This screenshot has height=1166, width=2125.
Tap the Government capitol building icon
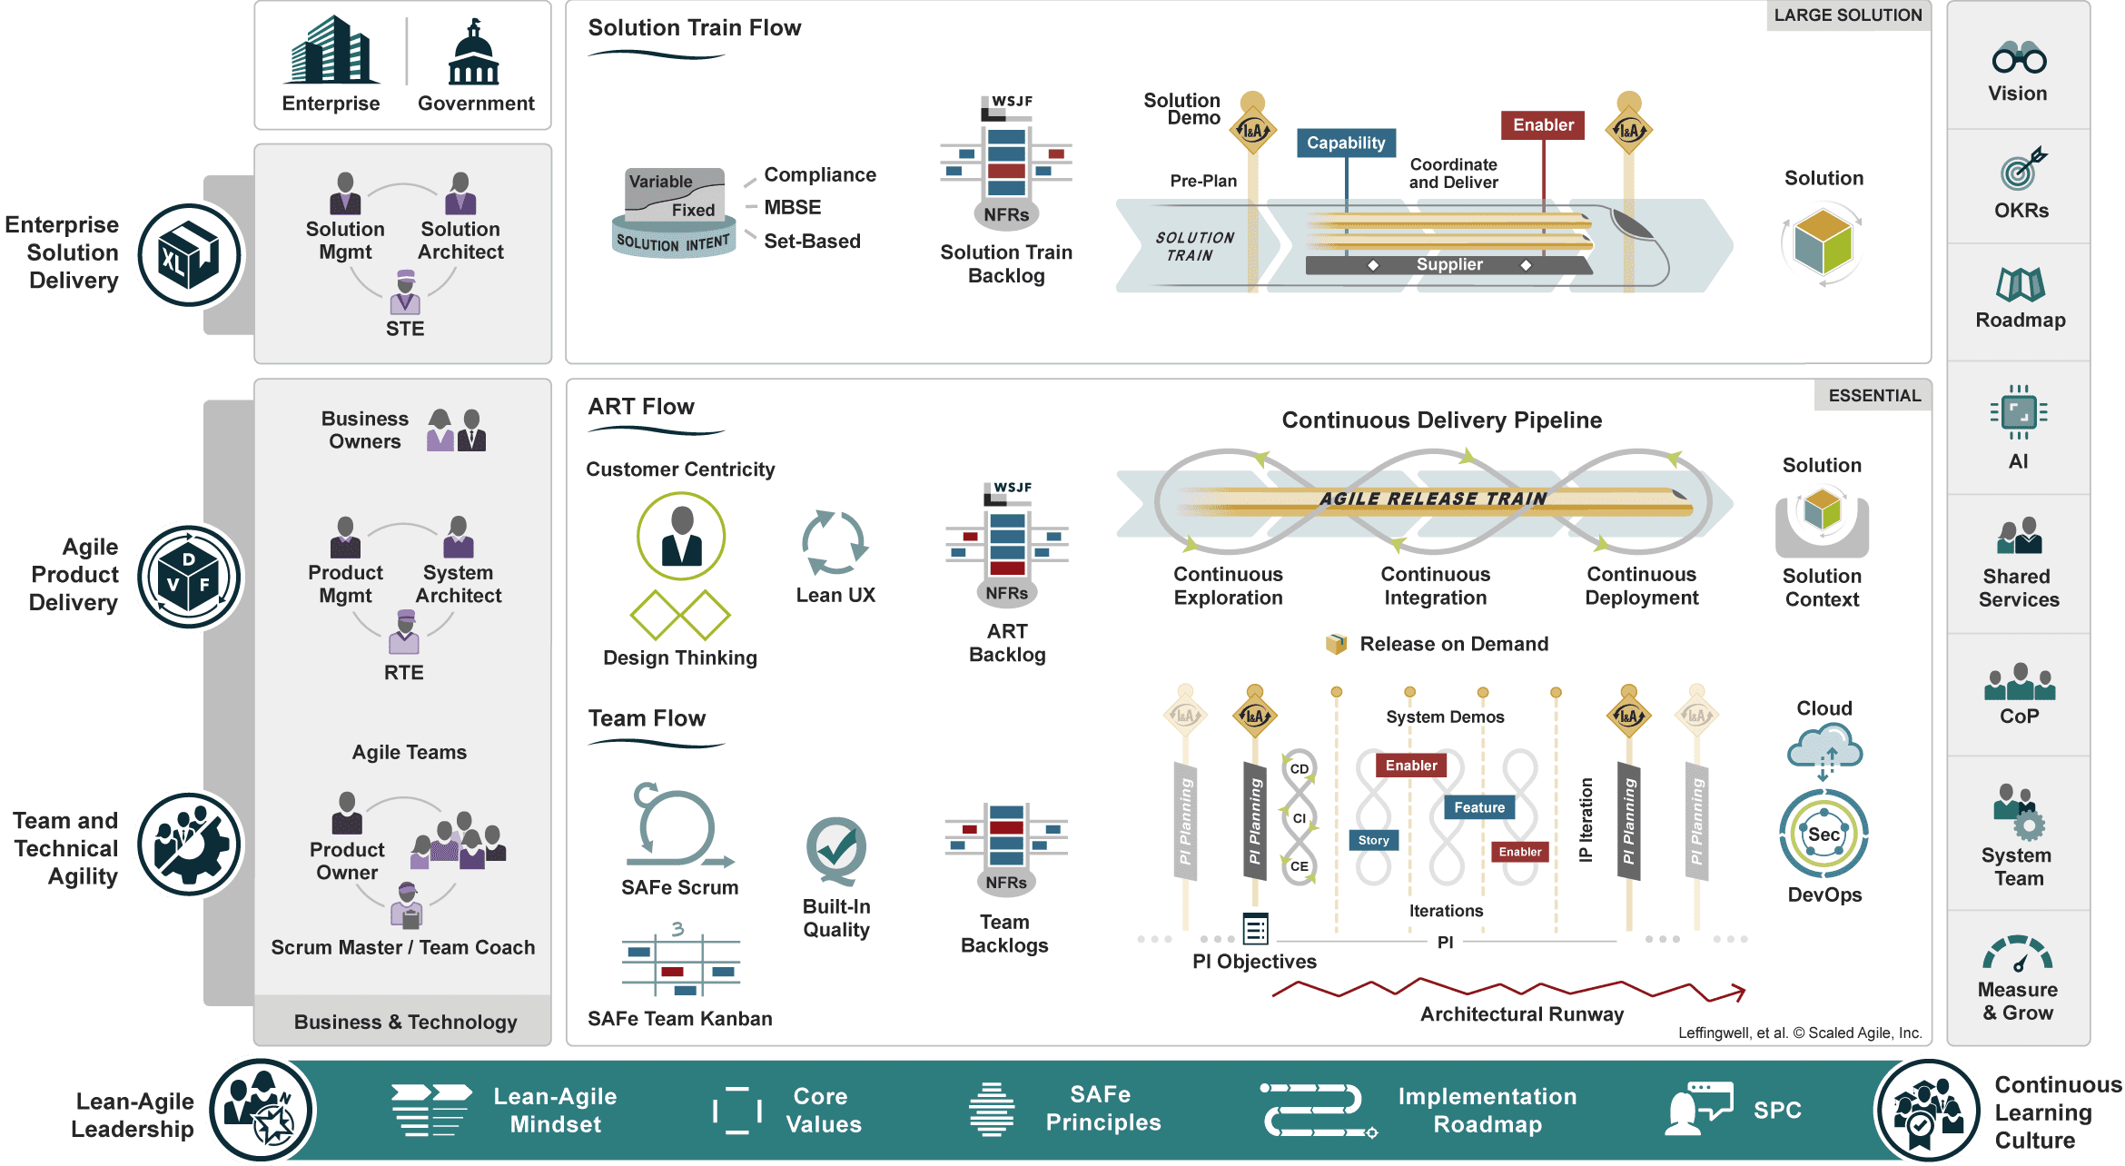(x=474, y=52)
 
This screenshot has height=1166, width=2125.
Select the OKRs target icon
(x=2021, y=169)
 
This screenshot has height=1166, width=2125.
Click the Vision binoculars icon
(x=2019, y=57)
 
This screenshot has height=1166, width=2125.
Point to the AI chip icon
(x=2018, y=413)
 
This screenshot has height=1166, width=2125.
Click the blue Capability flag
(x=1346, y=143)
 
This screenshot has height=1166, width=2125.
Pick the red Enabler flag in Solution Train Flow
(x=1543, y=125)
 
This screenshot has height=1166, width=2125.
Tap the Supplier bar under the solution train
(x=1449, y=264)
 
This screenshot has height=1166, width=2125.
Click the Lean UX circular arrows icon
(x=835, y=542)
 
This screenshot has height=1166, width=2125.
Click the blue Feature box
(x=1479, y=807)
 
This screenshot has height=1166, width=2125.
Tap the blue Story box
(x=1373, y=840)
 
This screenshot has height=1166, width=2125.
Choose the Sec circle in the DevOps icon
(x=1824, y=835)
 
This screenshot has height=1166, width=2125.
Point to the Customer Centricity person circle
(x=681, y=536)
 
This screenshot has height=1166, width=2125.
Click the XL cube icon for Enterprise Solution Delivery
(x=190, y=255)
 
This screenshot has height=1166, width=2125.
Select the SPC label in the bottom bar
(x=1777, y=1110)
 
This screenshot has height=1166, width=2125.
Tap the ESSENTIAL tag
(x=1874, y=396)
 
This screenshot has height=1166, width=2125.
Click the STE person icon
(x=405, y=291)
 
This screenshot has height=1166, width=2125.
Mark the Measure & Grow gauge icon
(x=2017, y=954)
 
